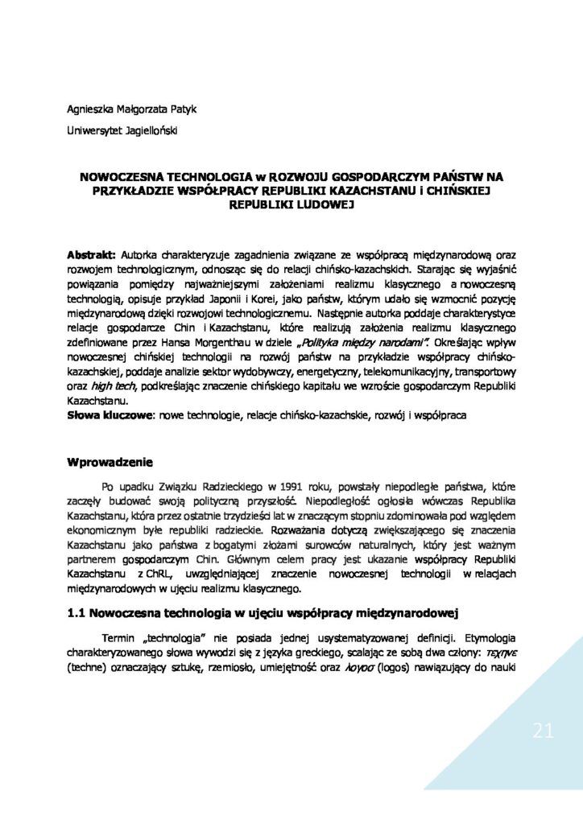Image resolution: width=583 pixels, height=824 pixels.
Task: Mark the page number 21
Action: tap(543, 731)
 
